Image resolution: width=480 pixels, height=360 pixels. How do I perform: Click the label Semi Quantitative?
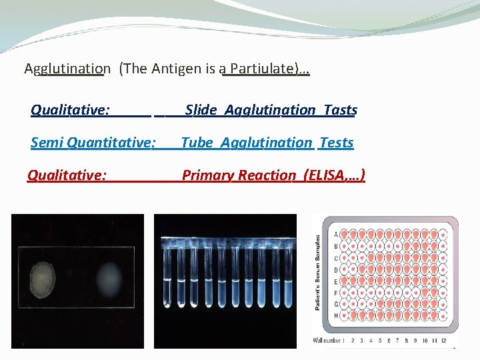pyautogui.click(x=93, y=143)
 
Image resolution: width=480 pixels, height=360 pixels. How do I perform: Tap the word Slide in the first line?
pyautogui.click(x=201, y=110)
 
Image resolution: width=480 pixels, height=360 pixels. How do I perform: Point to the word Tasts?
pyautogui.click(x=340, y=110)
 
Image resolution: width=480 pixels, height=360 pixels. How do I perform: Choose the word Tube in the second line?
pyautogui.click(x=197, y=143)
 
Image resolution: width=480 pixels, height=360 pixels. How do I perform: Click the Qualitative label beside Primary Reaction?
pyautogui.click(x=66, y=175)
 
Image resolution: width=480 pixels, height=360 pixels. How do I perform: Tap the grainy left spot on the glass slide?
pyautogui.click(x=43, y=274)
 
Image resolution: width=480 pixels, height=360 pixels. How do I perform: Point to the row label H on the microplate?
pyautogui.click(x=335, y=315)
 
